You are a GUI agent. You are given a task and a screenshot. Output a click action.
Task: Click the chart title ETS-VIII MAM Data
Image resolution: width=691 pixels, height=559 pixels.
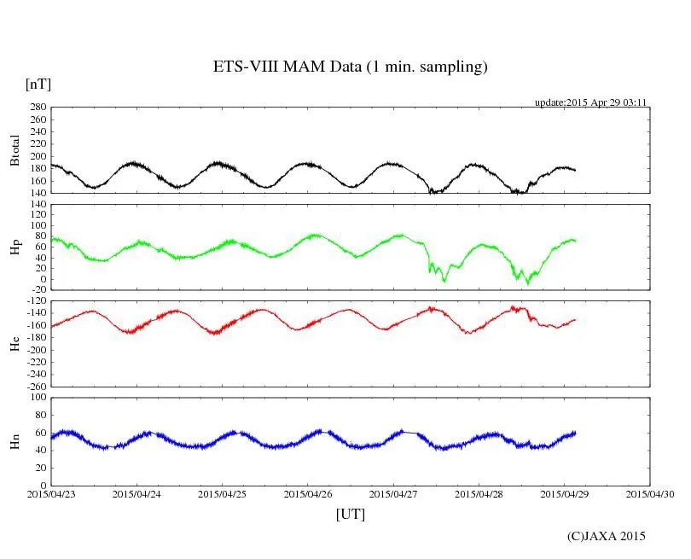tap(350, 67)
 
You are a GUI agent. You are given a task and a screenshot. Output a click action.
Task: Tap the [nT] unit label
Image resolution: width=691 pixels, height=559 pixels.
tap(38, 84)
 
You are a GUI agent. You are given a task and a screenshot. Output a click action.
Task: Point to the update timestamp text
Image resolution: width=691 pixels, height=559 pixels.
tap(590, 102)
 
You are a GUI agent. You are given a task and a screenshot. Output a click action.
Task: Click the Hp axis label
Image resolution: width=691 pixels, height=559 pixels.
tap(15, 247)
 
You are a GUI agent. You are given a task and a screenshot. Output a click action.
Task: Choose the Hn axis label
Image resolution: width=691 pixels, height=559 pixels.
tap(15, 441)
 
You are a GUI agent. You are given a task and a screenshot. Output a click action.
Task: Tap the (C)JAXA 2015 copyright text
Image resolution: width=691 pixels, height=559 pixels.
tap(607, 536)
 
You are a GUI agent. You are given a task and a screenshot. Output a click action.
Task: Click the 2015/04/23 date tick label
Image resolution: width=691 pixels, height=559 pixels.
tap(50, 493)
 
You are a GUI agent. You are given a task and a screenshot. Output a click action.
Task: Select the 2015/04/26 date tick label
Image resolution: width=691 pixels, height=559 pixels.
tap(308, 493)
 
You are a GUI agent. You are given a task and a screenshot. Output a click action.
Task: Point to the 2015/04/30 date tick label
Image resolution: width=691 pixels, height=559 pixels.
tap(651, 493)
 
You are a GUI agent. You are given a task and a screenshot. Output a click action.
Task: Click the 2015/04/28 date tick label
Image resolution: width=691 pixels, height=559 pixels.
tap(479, 493)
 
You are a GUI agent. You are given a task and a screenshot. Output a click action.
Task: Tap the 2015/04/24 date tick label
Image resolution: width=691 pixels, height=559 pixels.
tap(136, 493)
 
